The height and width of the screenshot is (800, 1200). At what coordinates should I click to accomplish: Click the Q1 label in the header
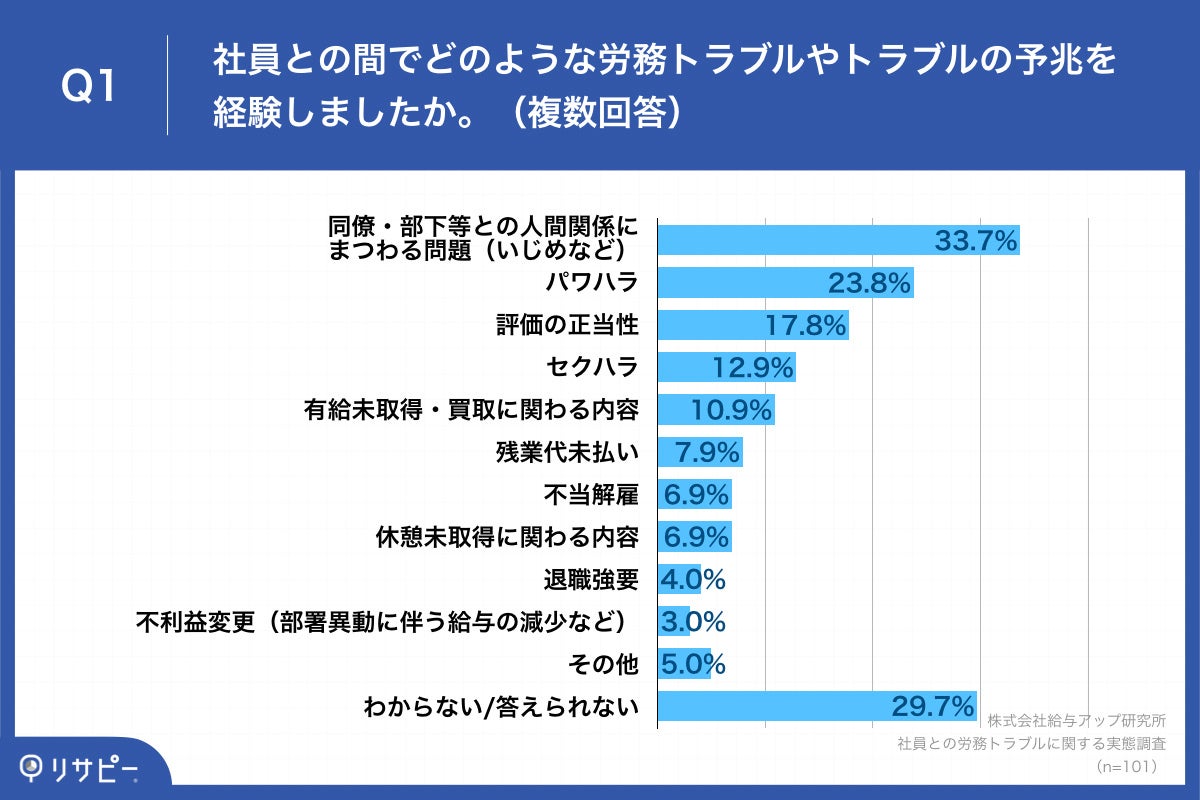[x=89, y=88]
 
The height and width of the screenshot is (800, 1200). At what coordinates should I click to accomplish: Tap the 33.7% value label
[x=975, y=240]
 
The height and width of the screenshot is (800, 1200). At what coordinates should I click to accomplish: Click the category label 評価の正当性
[x=567, y=325]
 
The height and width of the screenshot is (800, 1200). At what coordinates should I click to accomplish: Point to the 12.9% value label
[x=753, y=367]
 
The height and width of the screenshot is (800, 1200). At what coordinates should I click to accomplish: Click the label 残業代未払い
[x=567, y=452]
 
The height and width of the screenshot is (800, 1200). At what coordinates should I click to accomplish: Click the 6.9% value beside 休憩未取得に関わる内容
[x=696, y=536]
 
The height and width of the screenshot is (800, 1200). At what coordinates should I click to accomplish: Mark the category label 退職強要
[x=591, y=579]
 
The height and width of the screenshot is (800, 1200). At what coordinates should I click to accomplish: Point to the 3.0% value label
[x=693, y=621]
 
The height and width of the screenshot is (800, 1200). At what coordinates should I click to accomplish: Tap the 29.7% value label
[x=932, y=706]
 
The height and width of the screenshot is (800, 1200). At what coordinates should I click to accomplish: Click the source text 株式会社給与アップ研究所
[x=1076, y=721]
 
